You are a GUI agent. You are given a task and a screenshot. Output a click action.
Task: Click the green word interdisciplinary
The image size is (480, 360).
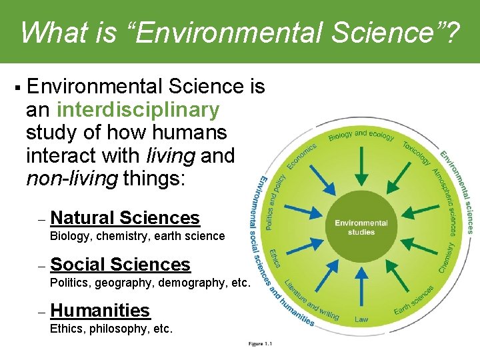(x=138, y=109)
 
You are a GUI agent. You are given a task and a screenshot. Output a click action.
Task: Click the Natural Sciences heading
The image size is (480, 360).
(x=125, y=217)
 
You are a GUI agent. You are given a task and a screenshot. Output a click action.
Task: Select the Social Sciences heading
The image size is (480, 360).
(x=120, y=264)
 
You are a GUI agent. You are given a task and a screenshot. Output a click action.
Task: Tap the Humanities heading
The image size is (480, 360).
(x=100, y=310)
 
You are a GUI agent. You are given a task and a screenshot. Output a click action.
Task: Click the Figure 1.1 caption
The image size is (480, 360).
(x=260, y=344)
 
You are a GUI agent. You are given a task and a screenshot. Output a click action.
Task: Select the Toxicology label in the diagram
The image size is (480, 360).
(x=417, y=152)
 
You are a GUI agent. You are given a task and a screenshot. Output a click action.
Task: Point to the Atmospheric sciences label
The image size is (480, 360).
(x=445, y=200)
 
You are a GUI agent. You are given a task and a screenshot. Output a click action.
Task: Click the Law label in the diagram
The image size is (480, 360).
(x=361, y=319)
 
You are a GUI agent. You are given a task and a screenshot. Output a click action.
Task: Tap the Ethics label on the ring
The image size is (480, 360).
(x=275, y=260)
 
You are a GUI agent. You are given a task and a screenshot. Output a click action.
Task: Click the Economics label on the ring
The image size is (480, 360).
(x=301, y=156)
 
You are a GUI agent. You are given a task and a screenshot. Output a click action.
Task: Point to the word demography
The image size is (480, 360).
(x=189, y=283)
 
